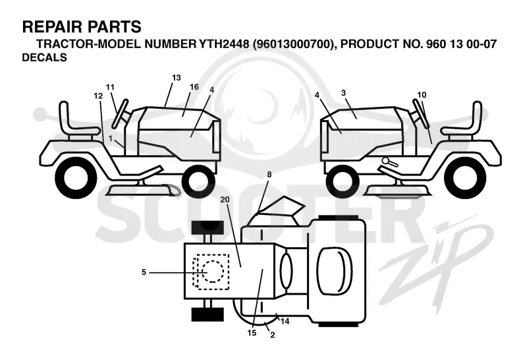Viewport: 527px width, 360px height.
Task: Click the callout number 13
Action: point(177,78)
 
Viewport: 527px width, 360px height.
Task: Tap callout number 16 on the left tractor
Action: point(194,87)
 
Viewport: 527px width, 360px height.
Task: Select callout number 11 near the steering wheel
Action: point(110,87)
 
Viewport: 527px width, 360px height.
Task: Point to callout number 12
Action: point(98,96)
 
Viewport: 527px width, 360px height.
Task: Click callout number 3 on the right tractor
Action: point(343,93)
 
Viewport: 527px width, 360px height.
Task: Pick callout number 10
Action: point(422,95)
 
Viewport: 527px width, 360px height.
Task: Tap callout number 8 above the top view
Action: point(269,175)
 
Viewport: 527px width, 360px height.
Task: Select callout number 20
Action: point(225,200)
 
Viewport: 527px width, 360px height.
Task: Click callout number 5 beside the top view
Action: point(144,272)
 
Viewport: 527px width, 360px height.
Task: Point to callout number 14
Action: point(285,321)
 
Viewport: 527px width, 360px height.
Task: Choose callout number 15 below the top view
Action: point(252,333)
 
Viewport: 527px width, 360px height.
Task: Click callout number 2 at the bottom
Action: point(273,335)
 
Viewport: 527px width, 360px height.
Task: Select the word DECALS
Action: point(44,57)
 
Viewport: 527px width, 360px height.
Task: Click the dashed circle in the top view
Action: point(212,271)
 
